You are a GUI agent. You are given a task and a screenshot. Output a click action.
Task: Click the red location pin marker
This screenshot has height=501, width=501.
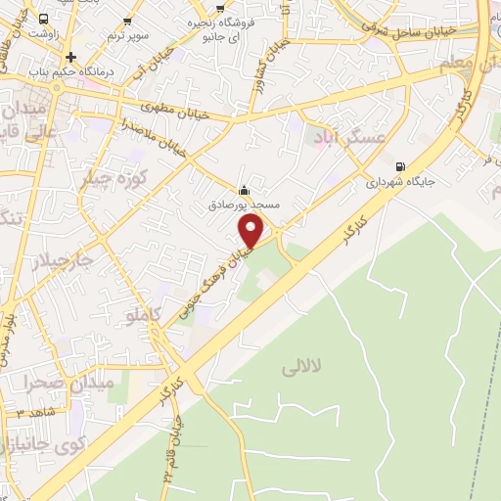click(x=252, y=230)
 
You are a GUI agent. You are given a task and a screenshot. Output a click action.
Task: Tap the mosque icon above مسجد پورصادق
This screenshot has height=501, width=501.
click(x=244, y=191)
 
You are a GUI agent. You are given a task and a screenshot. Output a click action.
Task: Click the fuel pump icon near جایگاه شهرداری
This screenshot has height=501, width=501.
click(x=399, y=165)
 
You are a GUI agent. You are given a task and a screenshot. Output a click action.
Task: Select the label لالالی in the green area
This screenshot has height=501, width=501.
click(x=293, y=368)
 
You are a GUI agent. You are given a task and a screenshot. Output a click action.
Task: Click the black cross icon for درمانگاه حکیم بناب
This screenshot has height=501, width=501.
click(x=70, y=56)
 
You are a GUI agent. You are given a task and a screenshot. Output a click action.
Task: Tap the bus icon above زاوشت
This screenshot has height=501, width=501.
click(x=43, y=19)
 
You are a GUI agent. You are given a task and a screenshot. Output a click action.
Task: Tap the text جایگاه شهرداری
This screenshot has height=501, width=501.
click(x=399, y=182)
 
